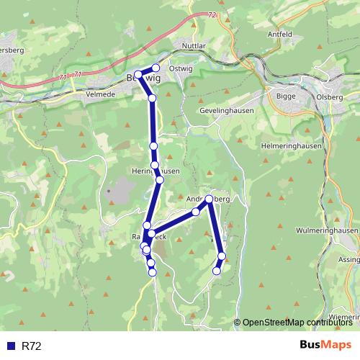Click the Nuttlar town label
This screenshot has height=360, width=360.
194,46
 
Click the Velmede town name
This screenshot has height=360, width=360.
99,94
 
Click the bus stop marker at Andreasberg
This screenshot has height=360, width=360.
209,199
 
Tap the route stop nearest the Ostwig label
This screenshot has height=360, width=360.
156,68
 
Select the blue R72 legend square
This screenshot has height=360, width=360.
11,346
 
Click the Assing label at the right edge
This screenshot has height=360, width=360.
348,258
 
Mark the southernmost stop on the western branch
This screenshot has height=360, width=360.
153,271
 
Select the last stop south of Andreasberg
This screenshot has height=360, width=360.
217,271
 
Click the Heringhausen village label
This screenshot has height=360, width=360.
156,171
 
